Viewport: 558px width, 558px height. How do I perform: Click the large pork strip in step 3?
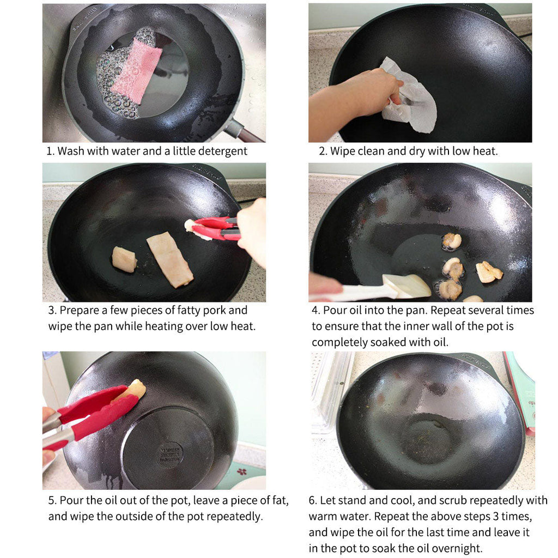(x=169, y=259)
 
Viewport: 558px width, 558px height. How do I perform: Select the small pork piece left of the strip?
(x=124, y=259)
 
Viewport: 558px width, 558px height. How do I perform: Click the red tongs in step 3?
(x=215, y=228)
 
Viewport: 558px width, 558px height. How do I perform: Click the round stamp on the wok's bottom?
(x=170, y=454)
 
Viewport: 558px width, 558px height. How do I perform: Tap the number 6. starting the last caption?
(x=313, y=500)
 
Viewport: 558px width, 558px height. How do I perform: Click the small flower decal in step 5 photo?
(x=241, y=471)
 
